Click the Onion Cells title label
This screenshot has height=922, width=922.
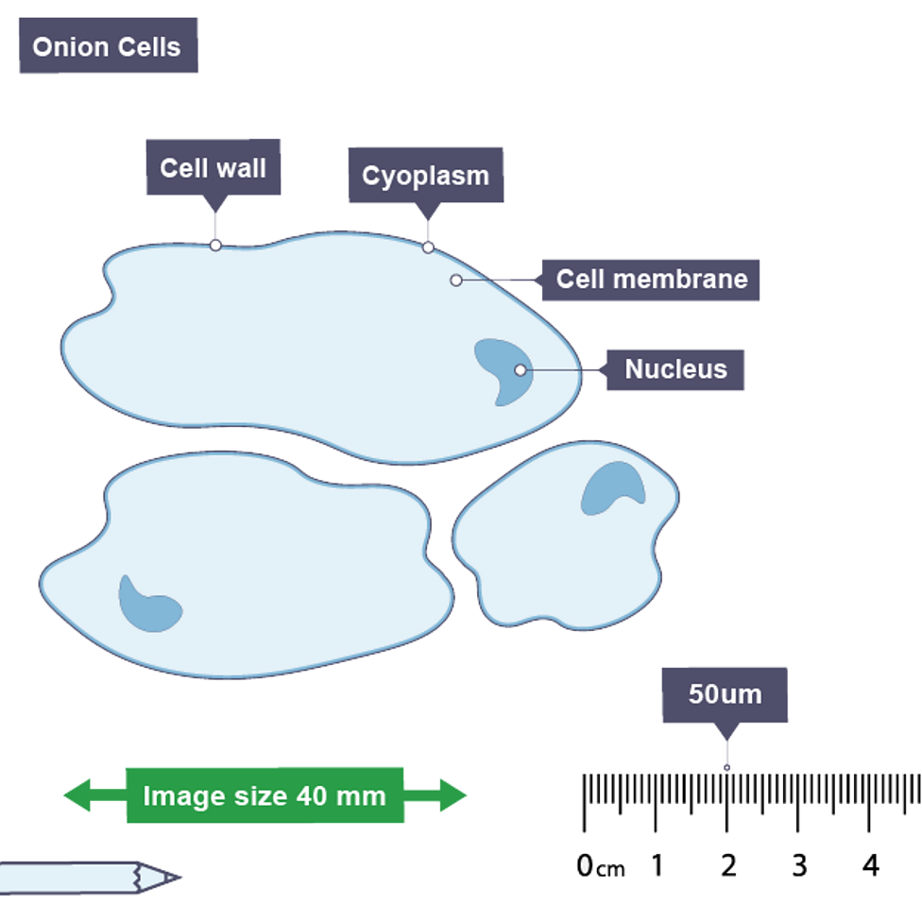107,46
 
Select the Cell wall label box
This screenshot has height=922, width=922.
213,168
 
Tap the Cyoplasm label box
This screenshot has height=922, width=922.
426,176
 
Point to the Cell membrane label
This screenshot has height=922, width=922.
651,279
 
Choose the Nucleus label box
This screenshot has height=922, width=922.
675,368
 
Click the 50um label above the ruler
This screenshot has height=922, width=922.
725,694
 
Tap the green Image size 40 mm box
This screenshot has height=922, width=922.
265,795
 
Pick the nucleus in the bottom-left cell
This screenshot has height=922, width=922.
146,605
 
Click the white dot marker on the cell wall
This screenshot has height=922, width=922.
215,245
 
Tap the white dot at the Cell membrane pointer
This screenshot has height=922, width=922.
456,280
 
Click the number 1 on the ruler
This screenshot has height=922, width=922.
656,863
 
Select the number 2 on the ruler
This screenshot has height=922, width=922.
727,863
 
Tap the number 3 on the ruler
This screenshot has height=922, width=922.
799,863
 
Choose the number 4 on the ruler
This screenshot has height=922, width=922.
869,863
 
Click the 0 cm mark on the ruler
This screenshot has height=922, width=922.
586,863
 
